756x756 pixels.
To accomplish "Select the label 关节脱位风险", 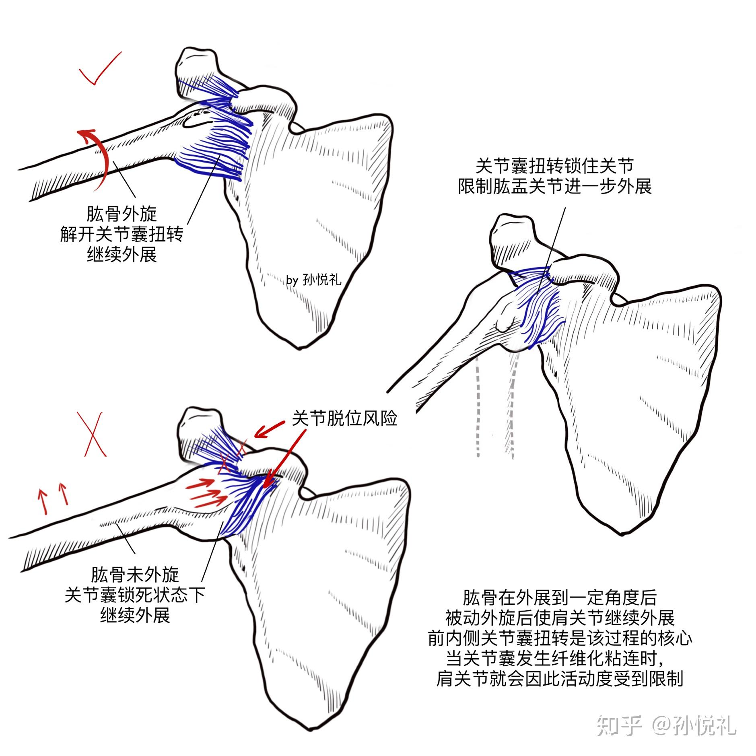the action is pos(344,418).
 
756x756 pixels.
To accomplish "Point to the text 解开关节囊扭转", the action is pos(122,234).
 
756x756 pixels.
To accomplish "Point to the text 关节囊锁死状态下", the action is pos(135,595).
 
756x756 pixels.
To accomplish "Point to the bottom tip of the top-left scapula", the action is pos(298,347).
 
